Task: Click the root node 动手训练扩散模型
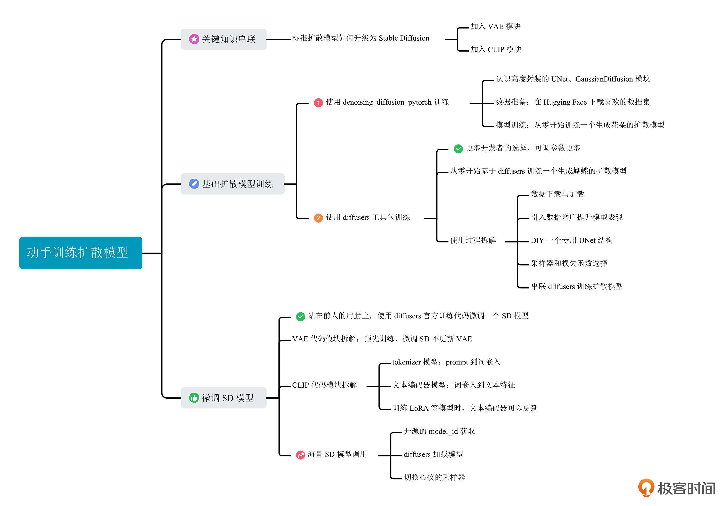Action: (x=81, y=253)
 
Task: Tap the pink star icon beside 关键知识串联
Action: (x=194, y=39)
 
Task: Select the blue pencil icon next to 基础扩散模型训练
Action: (x=194, y=184)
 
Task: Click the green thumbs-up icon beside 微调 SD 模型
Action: (x=194, y=398)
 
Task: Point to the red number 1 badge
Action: (x=318, y=103)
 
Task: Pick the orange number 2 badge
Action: (x=318, y=218)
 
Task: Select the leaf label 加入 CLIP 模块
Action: (x=496, y=49)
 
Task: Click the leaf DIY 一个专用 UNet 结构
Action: (x=572, y=240)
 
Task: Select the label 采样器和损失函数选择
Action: (x=569, y=263)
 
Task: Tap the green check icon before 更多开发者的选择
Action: (x=458, y=149)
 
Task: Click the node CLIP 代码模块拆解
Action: (x=324, y=385)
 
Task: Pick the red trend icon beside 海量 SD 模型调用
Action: (x=300, y=455)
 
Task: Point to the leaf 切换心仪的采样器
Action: (x=435, y=477)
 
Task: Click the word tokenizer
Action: (x=406, y=362)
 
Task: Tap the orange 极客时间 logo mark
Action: (x=646, y=488)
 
